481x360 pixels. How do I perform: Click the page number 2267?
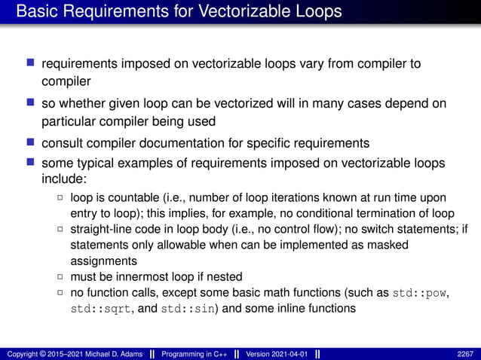466,352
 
